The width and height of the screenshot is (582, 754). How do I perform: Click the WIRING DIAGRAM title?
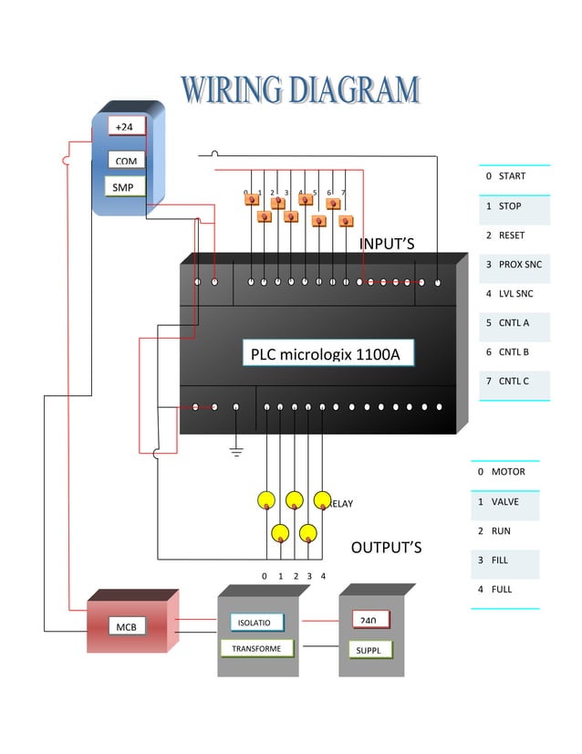pos(301,90)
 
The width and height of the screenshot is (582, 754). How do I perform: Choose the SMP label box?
pos(123,188)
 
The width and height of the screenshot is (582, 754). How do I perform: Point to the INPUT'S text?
pos(387,244)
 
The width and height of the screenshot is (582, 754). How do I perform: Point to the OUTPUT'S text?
pos(386,548)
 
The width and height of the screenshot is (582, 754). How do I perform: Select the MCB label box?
pos(124,627)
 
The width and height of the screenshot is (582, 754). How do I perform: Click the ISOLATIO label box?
pos(255,623)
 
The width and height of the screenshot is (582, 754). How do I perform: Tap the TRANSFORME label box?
pos(257,648)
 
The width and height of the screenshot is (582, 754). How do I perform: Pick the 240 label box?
pos(369,620)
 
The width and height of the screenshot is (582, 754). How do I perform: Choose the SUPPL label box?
pos(370,651)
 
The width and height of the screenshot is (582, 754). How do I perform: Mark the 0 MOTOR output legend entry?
pos(504,473)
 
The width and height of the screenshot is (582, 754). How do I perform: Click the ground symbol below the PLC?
pos(236,450)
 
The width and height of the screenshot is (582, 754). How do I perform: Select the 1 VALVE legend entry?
pos(504,502)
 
